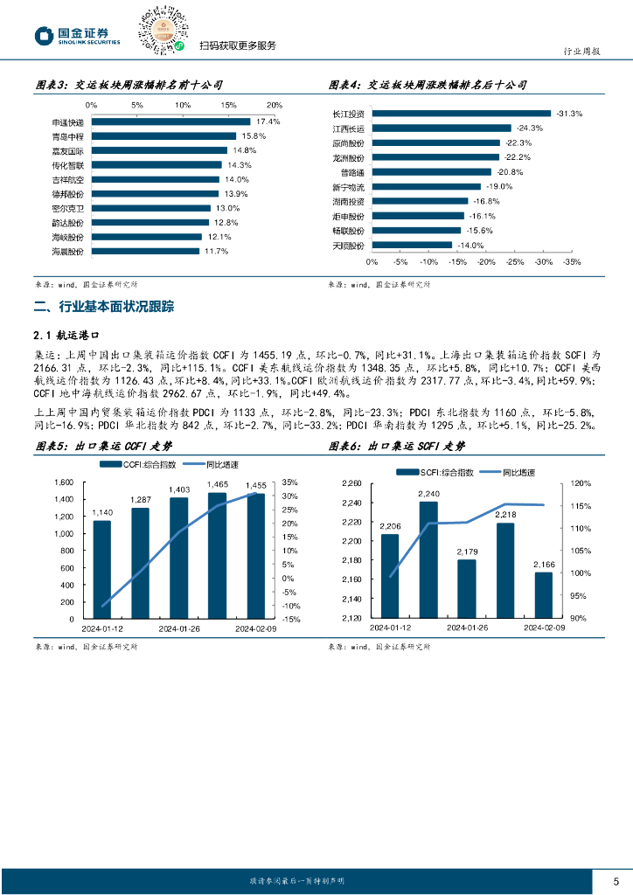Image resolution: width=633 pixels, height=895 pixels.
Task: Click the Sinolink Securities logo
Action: [77, 36]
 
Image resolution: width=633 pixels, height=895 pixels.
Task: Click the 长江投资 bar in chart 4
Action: [461, 114]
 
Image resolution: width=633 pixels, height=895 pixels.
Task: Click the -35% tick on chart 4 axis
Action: [572, 261]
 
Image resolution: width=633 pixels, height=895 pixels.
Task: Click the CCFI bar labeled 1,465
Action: [217, 556]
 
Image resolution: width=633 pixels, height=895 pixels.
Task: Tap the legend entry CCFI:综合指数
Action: [139, 464]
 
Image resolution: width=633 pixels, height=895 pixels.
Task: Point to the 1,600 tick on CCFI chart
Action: [65, 482]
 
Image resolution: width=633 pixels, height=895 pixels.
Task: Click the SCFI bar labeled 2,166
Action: [543, 595]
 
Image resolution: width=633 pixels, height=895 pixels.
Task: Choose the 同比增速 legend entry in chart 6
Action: [512, 472]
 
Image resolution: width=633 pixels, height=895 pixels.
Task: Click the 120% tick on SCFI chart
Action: [581, 482]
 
